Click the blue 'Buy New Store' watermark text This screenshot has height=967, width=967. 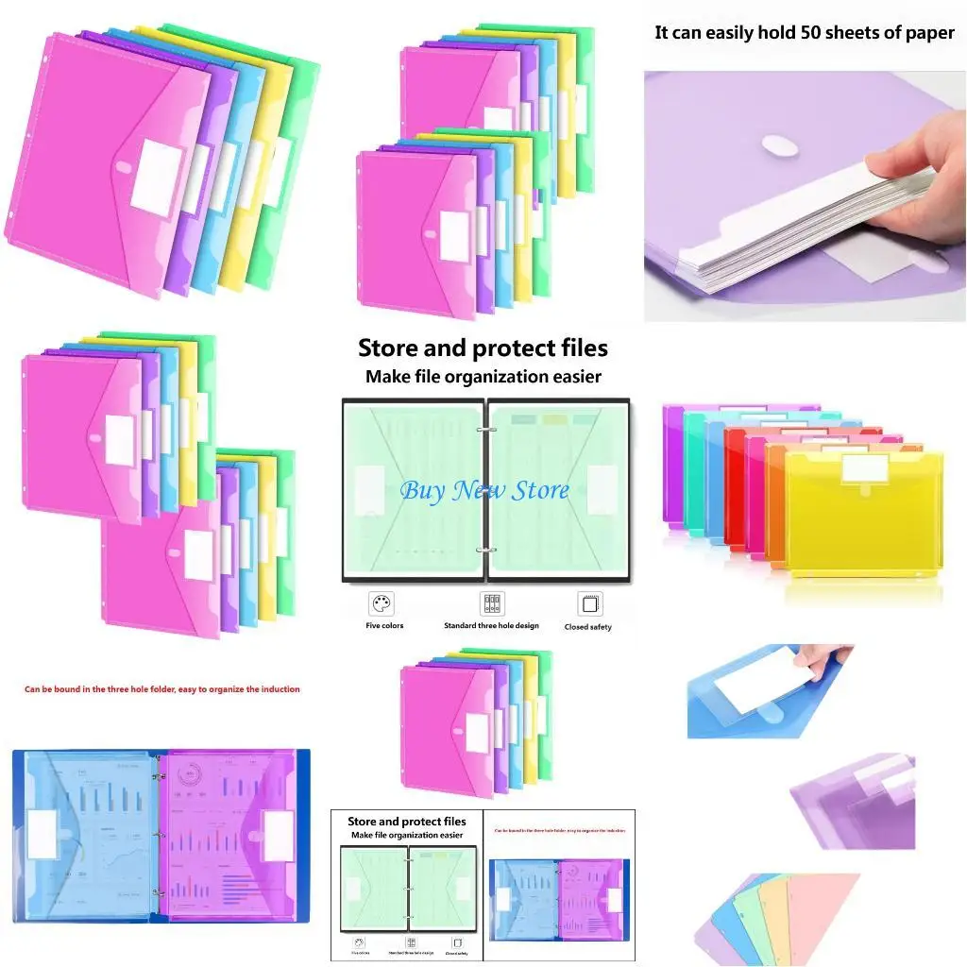(483, 491)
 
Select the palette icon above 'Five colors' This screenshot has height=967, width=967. (382, 604)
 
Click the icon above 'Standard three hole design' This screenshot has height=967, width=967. (491, 604)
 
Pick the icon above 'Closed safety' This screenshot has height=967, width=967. (589, 604)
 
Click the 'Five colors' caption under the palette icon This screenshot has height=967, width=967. (384, 626)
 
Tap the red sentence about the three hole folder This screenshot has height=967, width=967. (161, 689)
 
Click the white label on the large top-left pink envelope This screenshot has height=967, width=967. (156, 175)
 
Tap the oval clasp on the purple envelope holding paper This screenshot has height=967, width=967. (779, 147)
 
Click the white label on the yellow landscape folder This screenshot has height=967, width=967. (861, 467)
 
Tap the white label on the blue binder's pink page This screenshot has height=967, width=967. (278, 837)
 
